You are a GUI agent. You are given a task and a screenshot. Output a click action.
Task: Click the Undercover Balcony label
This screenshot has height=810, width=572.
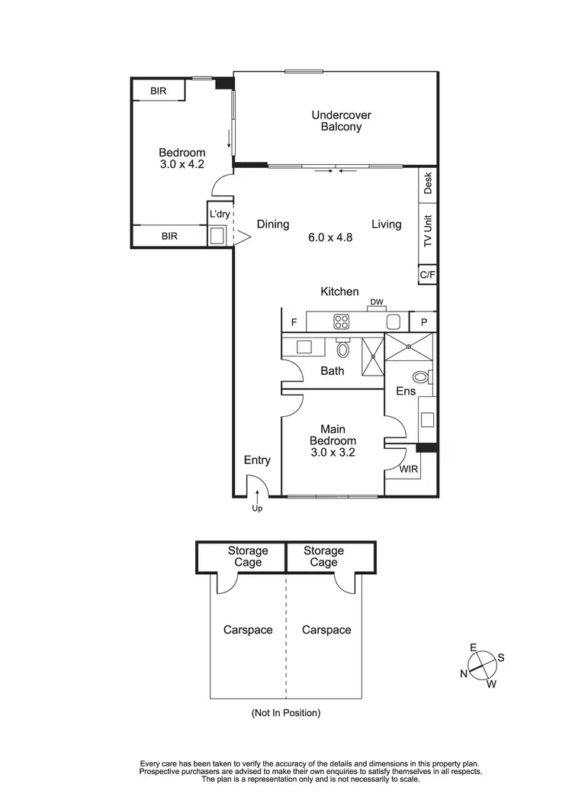[341, 121]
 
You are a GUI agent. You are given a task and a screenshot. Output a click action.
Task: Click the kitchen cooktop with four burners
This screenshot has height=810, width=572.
[341, 322]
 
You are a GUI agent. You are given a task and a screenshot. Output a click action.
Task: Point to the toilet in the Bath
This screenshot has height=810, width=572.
[342, 350]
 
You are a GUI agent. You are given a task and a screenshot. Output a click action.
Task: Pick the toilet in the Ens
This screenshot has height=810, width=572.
[420, 376]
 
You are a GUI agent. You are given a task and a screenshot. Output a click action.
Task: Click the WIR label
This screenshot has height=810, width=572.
[409, 470]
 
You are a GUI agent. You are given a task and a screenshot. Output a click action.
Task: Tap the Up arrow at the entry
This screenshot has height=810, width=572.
[257, 500]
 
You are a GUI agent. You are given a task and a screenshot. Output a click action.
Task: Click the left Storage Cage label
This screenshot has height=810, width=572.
[248, 557]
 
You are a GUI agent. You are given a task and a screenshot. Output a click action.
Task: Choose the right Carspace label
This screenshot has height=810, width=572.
[326, 630]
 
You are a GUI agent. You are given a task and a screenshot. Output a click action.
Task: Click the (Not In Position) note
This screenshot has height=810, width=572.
[286, 713]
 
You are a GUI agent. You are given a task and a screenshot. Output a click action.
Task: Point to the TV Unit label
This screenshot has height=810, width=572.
[428, 231]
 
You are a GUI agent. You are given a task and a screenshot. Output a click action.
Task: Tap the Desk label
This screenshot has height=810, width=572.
[428, 183]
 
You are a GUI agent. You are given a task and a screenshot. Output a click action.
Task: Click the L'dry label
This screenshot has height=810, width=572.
[219, 215]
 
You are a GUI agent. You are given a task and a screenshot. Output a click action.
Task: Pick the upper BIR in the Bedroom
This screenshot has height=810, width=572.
[159, 91]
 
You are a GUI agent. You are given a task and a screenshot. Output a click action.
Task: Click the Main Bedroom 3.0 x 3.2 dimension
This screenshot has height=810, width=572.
[333, 452]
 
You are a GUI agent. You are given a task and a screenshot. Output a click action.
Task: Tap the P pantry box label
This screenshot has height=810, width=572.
[423, 322]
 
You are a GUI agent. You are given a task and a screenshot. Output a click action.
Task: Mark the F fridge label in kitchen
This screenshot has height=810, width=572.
[293, 323]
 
